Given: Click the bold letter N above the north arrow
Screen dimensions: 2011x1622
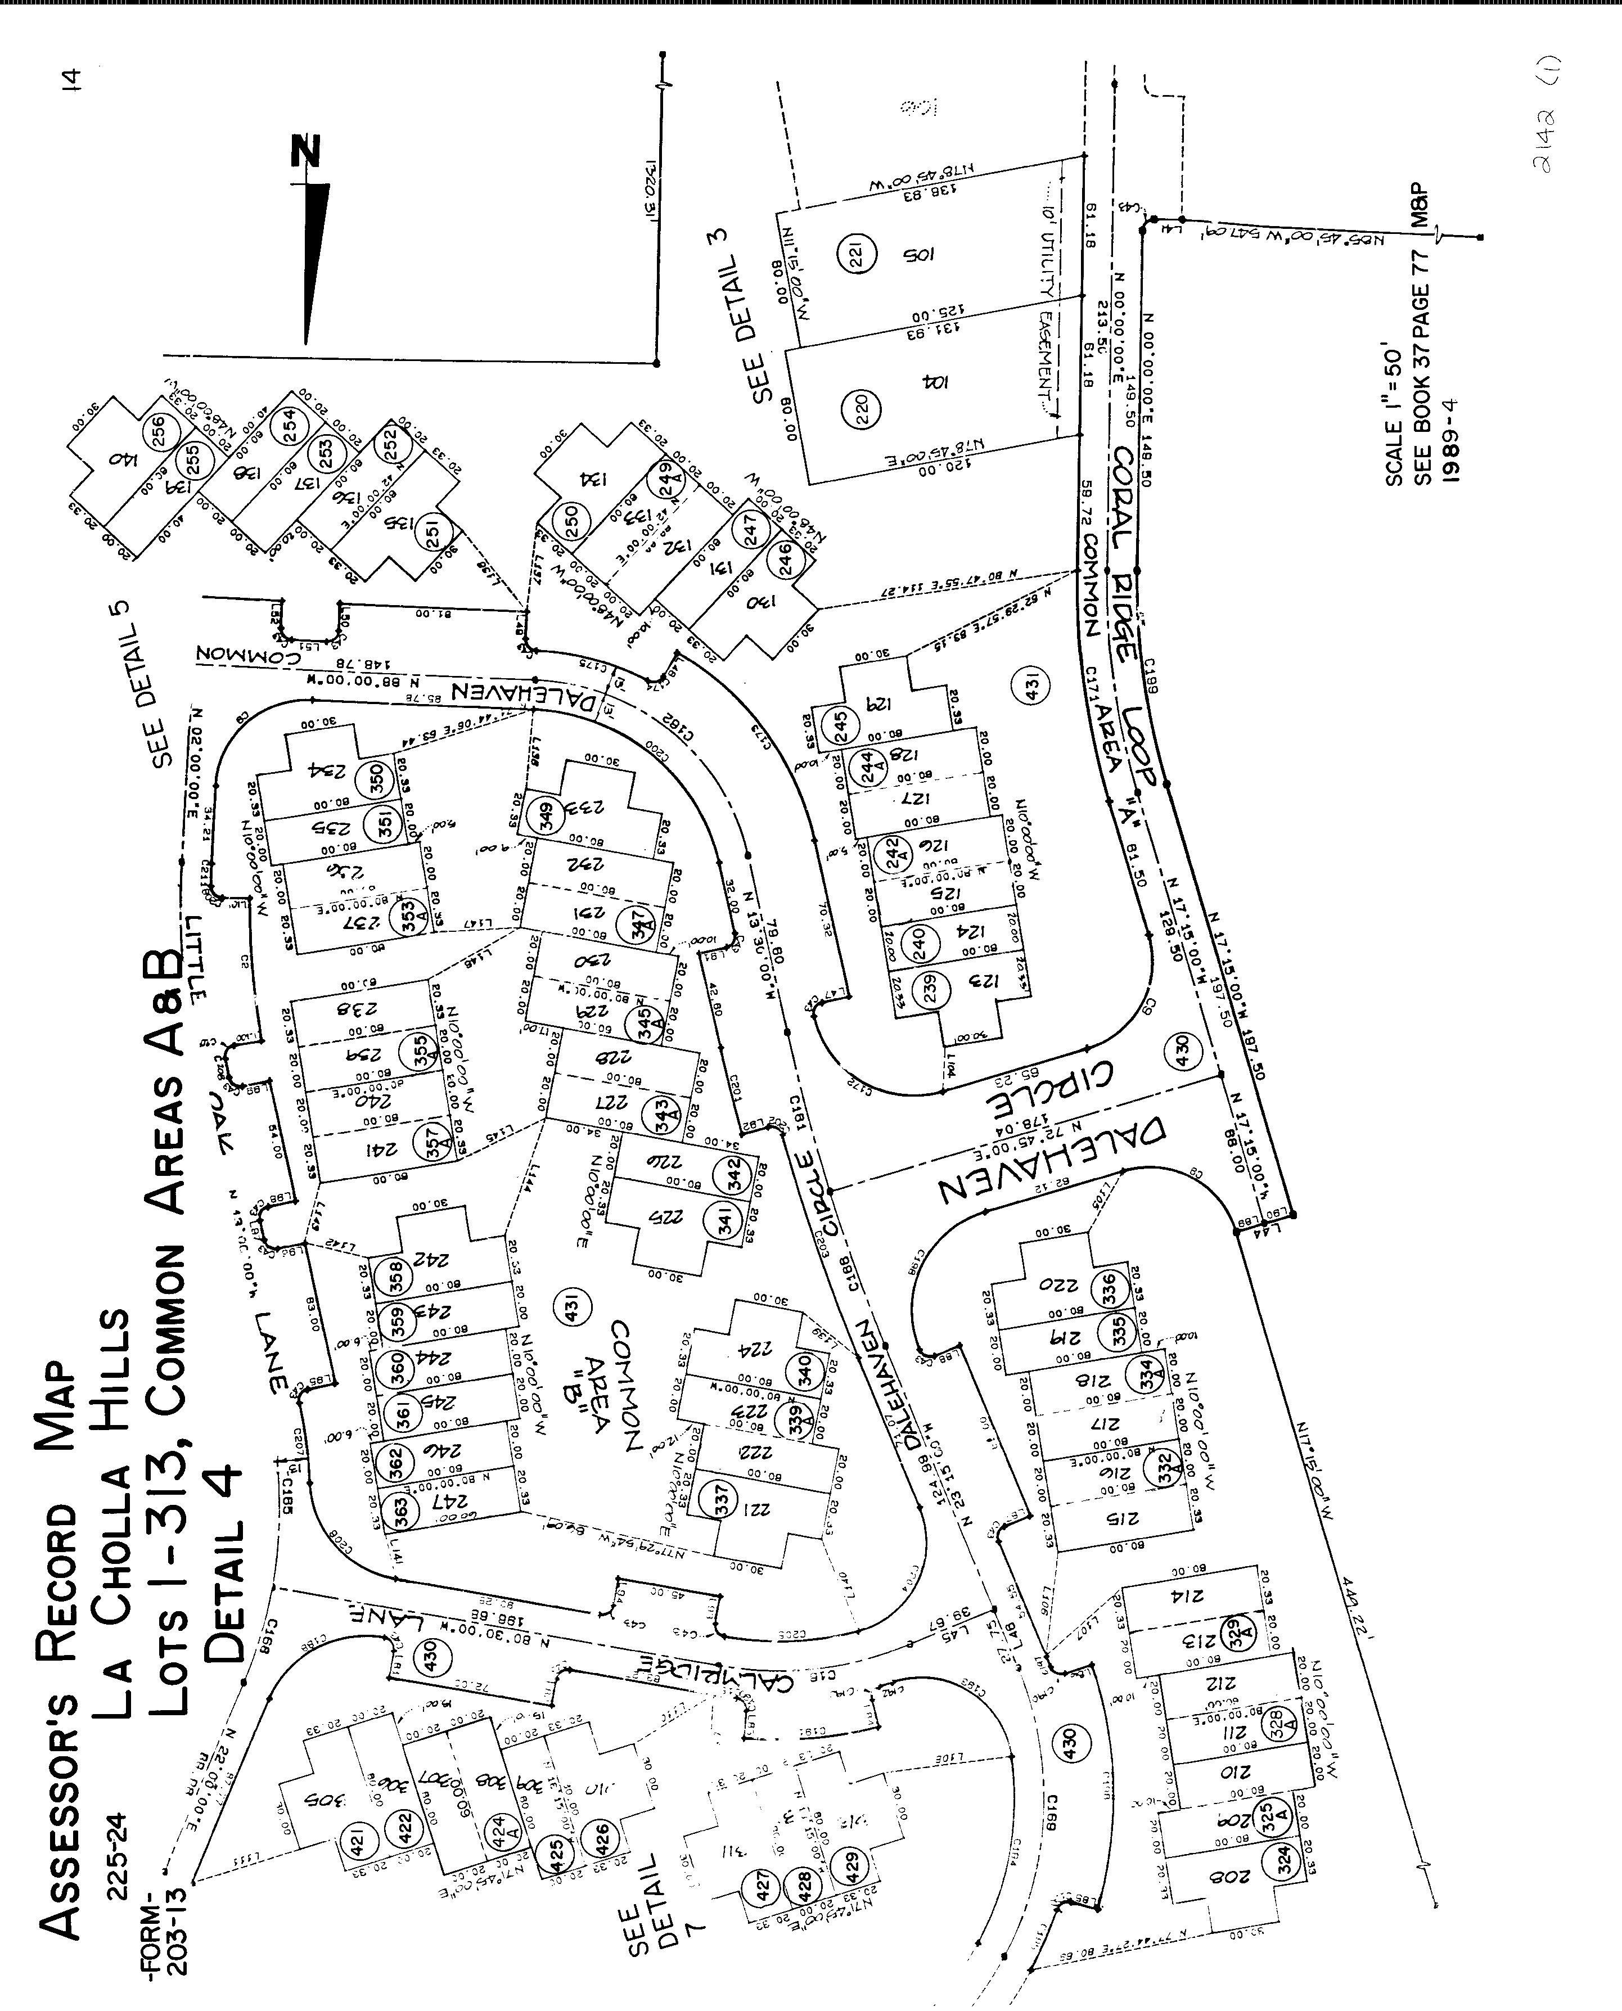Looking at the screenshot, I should pos(305,151).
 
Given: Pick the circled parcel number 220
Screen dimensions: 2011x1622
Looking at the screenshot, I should pos(862,408).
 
